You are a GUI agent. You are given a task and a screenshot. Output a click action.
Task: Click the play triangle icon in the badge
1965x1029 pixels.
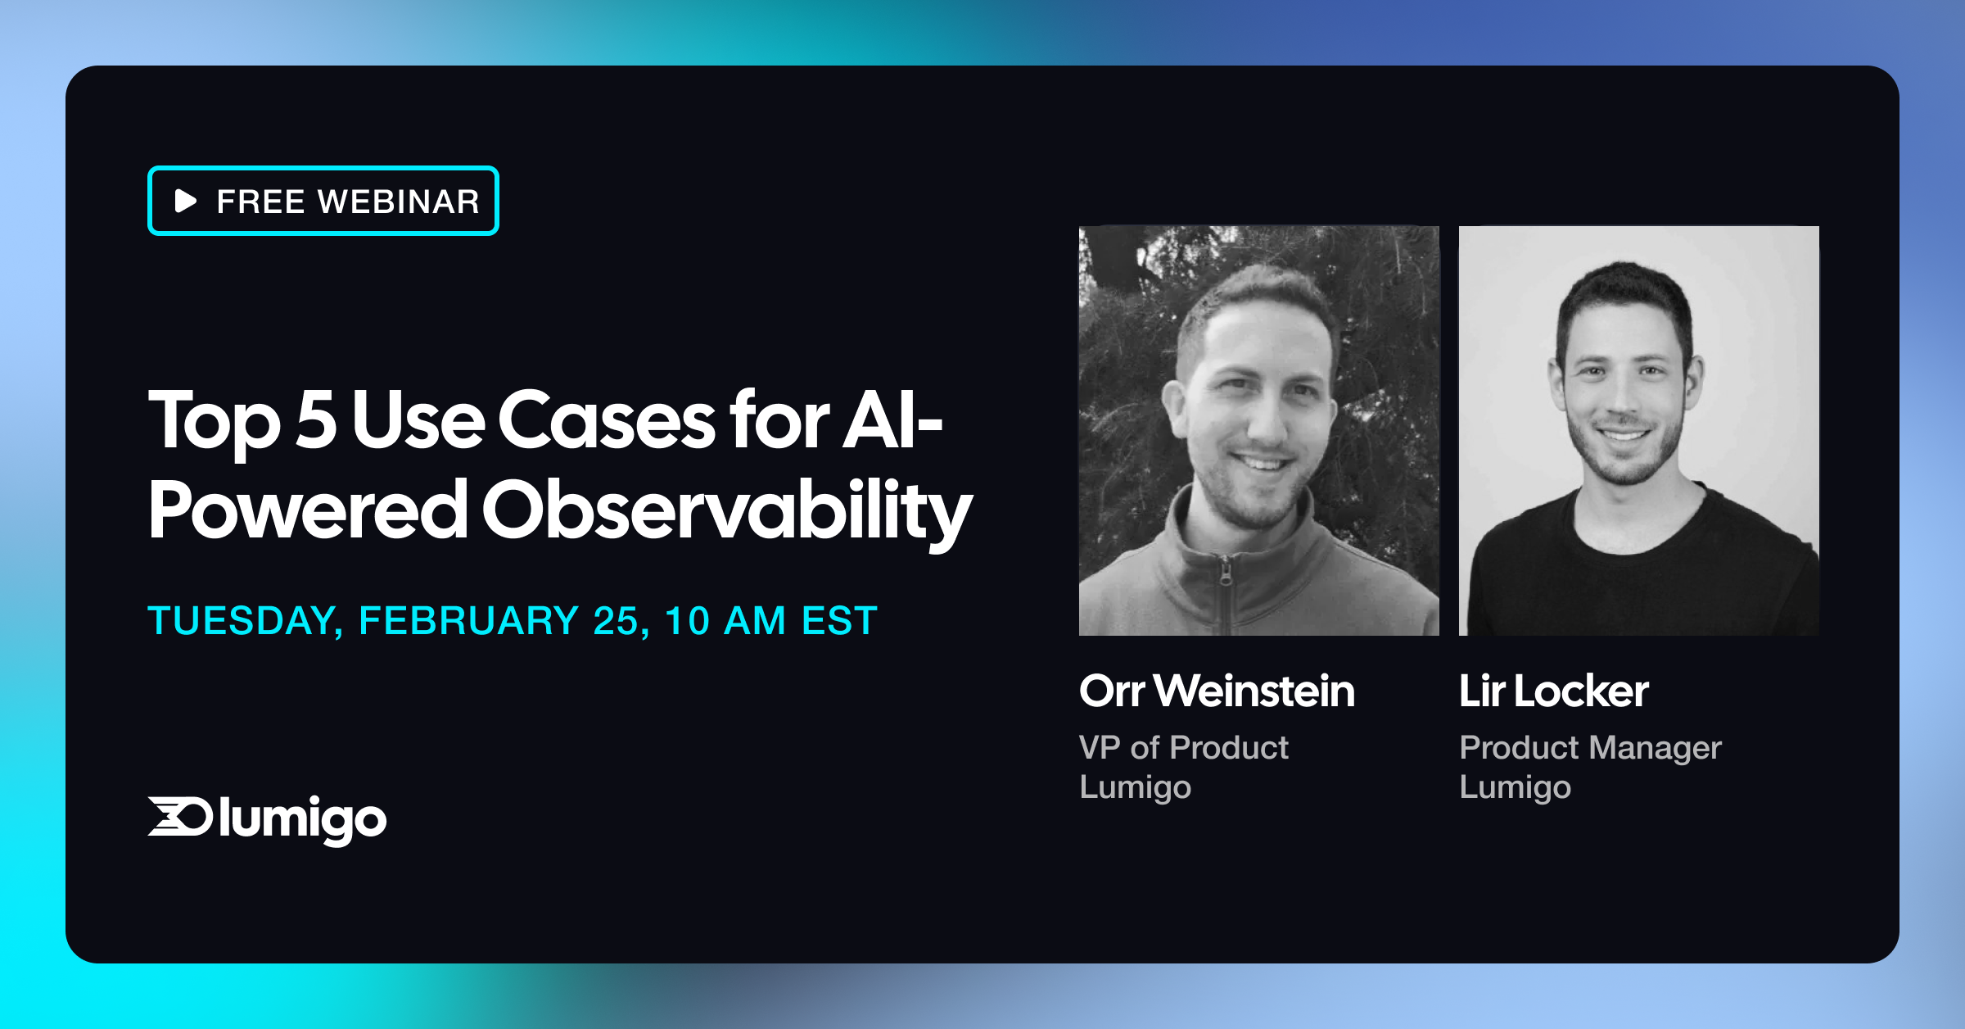pos(186,201)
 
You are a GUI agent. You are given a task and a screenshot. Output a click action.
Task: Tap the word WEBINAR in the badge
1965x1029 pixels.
pos(399,202)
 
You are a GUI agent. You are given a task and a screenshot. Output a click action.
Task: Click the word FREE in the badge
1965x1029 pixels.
pos(260,202)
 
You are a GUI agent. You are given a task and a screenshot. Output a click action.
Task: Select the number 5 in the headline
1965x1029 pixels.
pos(316,419)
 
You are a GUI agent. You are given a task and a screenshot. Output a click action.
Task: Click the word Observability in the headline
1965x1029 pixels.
pos(725,511)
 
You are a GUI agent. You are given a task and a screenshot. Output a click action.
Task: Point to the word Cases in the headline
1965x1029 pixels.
pos(606,419)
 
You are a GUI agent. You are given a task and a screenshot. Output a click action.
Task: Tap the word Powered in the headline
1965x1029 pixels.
pos(307,511)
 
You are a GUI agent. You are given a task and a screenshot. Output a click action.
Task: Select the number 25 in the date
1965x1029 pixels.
pos(616,620)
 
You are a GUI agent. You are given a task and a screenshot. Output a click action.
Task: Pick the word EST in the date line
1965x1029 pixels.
pos(839,620)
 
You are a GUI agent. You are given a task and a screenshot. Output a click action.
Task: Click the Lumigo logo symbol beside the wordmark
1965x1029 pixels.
pos(179,816)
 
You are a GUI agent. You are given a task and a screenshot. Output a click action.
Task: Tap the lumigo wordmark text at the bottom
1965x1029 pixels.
pos(302,818)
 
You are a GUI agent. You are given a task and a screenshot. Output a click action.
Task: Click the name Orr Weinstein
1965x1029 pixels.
pos(1217,691)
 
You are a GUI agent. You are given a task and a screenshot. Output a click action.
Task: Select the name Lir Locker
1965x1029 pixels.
pos(1553,691)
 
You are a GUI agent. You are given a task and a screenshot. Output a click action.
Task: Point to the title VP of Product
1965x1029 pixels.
pos(1183,747)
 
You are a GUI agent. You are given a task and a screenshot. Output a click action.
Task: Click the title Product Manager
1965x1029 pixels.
pos(1590,747)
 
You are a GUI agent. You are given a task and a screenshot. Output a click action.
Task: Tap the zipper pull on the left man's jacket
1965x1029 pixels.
pos(1225,573)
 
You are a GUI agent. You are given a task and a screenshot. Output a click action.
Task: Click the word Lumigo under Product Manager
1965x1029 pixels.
pos(1515,787)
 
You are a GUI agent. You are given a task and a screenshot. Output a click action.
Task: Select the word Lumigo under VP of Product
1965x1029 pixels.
pos(1135,787)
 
